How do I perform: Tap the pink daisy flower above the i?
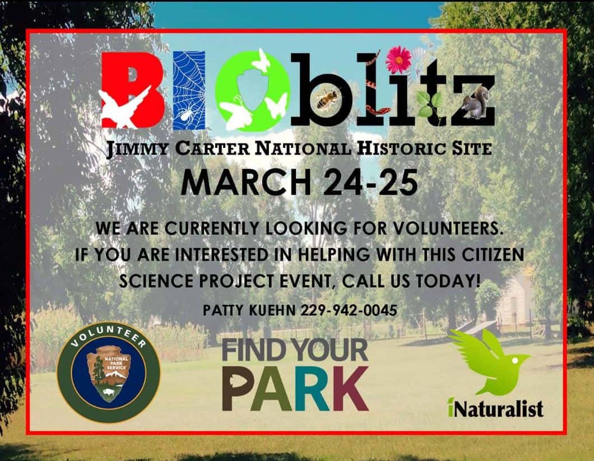[x=398, y=59]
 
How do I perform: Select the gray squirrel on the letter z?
[x=475, y=103]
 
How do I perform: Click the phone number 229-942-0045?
[x=349, y=311]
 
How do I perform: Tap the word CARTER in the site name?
[x=212, y=148]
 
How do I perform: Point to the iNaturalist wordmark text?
[x=495, y=408]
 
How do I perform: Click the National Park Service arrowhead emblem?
[x=108, y=374]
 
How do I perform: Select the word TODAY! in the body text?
[x=448, y=281]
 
